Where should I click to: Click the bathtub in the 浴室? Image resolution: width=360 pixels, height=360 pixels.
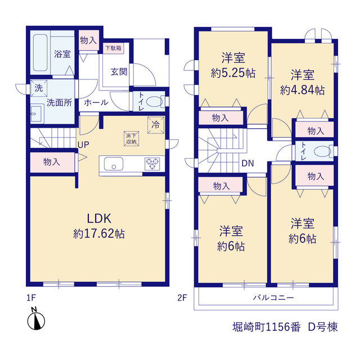coord(40,52)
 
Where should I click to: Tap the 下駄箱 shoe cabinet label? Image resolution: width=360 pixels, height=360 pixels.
coord(113,48)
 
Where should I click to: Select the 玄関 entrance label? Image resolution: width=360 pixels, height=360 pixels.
coord(119,71)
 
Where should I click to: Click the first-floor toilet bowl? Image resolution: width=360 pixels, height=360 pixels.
coord(154,101)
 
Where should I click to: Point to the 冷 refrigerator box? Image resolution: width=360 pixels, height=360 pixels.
coord(156,125)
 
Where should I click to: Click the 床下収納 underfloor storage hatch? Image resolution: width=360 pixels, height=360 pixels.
coord(131,138)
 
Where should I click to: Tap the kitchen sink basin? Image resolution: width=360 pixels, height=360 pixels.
coord(114,164)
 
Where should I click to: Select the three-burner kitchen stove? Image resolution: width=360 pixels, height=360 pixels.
coord(152,164)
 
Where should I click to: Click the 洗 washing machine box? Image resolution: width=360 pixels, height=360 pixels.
coord(39,88)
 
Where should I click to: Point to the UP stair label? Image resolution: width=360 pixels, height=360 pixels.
coord(83,145)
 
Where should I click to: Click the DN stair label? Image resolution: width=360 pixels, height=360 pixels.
coord(247,163)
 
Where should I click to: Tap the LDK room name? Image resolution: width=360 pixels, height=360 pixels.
coord(99,218)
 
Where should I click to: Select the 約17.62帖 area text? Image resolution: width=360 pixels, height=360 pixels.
coord(99,234)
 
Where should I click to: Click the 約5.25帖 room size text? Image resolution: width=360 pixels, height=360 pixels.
coord(233,73)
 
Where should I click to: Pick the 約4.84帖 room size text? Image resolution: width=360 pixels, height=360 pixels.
coord(303,90)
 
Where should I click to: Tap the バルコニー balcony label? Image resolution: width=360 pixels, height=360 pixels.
coord(273,298)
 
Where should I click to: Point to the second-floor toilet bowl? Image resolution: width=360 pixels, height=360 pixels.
coord(322,151)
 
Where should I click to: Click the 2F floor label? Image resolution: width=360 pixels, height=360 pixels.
coord(182,298)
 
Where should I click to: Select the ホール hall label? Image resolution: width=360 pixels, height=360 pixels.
coord(96,102)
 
